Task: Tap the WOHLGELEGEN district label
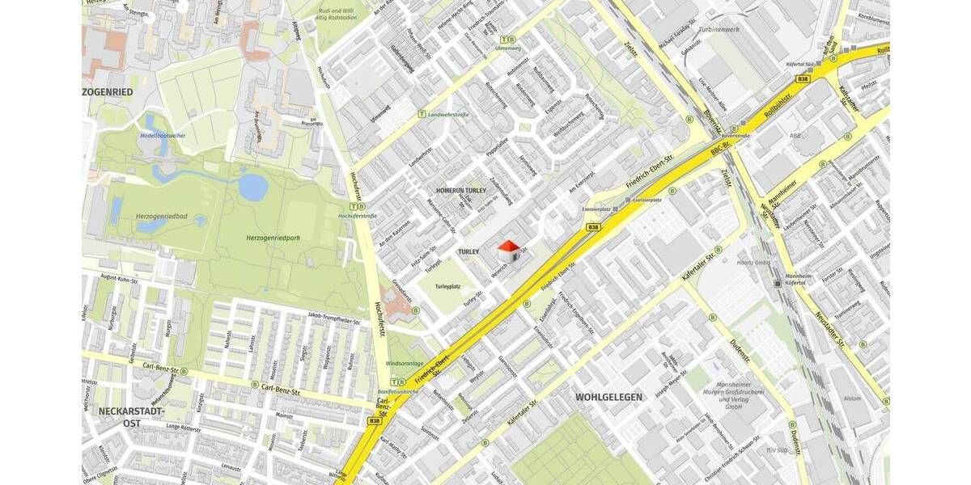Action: click(608, 397)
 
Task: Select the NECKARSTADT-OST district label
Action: click(120, 416)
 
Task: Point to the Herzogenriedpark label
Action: click(273, 238)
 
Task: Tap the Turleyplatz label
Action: click(447, 287)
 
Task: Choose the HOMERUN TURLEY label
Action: click(460, 190)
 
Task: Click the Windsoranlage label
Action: click(405, 364)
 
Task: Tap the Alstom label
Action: click(852, 398)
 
